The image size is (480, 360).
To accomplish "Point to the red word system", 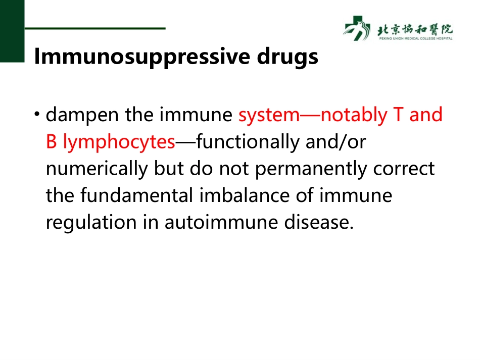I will point(269,116).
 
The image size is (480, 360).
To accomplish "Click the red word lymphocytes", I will point(119,143).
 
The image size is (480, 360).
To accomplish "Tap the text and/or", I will point(336,143).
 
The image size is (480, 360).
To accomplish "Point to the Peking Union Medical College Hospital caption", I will point(415,38).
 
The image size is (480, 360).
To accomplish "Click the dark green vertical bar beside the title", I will point(12,30).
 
